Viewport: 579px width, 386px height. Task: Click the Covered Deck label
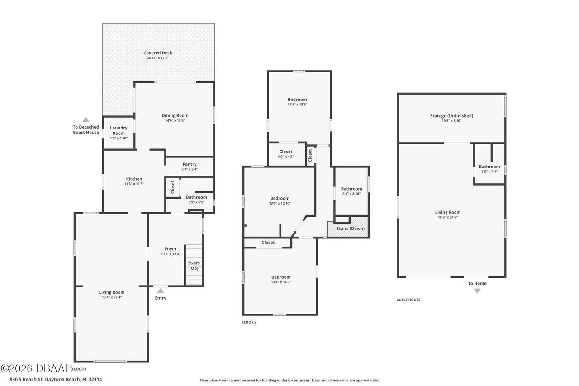158,53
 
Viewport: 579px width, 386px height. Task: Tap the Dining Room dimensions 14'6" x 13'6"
175,120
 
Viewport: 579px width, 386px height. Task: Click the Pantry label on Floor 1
190,164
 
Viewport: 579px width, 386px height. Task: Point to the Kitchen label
134,179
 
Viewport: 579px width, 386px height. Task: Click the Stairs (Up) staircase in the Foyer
194,265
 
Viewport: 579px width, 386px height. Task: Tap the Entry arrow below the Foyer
160,291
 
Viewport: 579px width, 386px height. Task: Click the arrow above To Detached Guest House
85,119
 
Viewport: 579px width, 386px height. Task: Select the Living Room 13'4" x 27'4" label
111,295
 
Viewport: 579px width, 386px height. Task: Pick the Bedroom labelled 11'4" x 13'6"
297,102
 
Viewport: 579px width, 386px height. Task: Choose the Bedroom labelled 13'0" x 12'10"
280,200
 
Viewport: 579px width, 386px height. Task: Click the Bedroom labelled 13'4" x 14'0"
281,279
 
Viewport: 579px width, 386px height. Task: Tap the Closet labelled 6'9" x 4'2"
285,154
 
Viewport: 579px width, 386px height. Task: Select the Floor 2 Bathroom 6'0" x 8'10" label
351,191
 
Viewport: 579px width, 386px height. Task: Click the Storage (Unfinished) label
451,118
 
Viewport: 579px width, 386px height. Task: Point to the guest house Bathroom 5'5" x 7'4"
489,169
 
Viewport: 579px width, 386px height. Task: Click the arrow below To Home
477,291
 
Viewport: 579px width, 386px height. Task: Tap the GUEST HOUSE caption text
408,300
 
